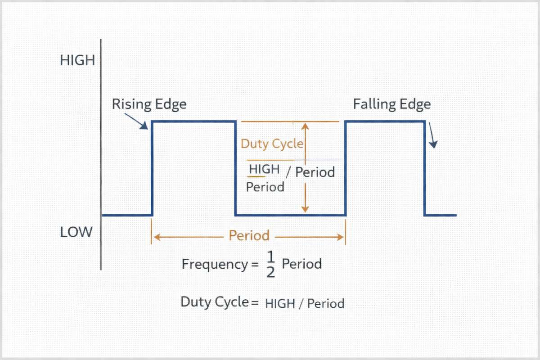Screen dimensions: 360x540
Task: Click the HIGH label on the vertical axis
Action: pyautogui.click(x=77, y=60)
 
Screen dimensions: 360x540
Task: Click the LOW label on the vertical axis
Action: pyautogui.click(x=76, y=232)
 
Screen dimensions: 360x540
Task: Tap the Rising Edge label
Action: pyautogui.click(x=149, y=104)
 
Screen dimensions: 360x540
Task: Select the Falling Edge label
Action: pyautogui.click(x=391, y=104)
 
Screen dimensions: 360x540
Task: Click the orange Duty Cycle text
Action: pyautogui.click(x=272, y=144)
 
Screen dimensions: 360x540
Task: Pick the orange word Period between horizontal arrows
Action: pyautogui.click(x=249, y=235)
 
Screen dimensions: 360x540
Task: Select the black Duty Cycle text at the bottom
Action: pyautogui.click(x=215, y=301)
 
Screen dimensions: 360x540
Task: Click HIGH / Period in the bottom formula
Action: pyautogui.click(x=305, y=303)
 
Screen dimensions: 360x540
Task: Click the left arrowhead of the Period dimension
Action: pyautogui.click(x=156, y=236)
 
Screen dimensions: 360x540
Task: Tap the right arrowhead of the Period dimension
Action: pyautogui.click(x=342, y=236)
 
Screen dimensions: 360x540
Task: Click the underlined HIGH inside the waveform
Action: pyautogui.click(x=264, y=170)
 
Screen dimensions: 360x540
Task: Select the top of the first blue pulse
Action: pyautogui.click(x=194, y=121)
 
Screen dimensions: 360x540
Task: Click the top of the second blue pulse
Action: pyautogui.click(x=385, y=121)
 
